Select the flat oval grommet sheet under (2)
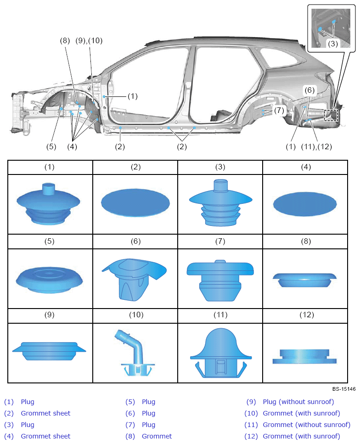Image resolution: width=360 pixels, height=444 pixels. click(x=135, y=203)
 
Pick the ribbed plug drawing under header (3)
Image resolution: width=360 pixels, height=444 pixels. click(x=221, y=203)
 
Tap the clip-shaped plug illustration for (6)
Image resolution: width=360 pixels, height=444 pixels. click(x=134, y=279)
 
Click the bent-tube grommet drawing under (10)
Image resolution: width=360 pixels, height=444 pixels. click(x=135, y=353)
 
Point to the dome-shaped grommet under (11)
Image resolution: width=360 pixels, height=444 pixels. click(x=221, y=353)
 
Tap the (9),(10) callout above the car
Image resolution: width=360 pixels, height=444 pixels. click(x=89, y=41)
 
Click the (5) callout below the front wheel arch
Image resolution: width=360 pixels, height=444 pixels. click(x=51, y=146)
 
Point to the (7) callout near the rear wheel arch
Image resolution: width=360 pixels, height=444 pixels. click(x=279, y=110)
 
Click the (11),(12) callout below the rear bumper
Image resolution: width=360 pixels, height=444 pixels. click(x=316, y=146)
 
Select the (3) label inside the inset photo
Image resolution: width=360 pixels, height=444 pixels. click(x=333, y=44)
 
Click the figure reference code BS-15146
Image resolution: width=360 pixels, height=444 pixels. click(x=344, y=389)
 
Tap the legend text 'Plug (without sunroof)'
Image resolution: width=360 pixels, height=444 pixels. click(x=298, y=402)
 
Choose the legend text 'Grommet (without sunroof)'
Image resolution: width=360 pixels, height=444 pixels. click(x=306, y=425)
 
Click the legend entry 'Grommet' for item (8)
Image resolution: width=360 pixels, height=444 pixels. click(x=157, y=436)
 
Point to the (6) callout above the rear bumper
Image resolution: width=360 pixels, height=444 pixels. click(x=309, y=90)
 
